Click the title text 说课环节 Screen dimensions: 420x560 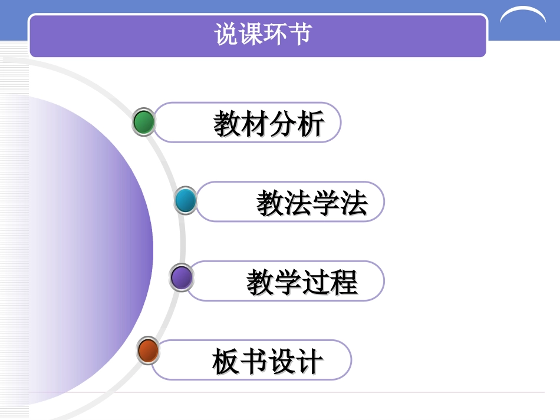[262, 34]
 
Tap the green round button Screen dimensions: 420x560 [144, 123]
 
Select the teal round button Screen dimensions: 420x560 [186, 200]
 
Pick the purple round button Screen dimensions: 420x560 [181, 278]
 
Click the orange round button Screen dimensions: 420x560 [148, 351]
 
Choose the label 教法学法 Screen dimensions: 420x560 [312, 203]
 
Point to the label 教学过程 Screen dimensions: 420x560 [302, 282]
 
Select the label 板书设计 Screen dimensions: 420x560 [268, 361]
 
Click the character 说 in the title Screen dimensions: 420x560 [226, 34]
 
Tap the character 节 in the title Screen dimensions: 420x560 [299, 34]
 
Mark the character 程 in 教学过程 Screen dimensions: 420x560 [344, 282]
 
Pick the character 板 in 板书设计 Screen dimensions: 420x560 [226, 361]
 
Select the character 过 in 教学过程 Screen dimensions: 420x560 [316, 282]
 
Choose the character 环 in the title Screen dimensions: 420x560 [275, 34]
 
